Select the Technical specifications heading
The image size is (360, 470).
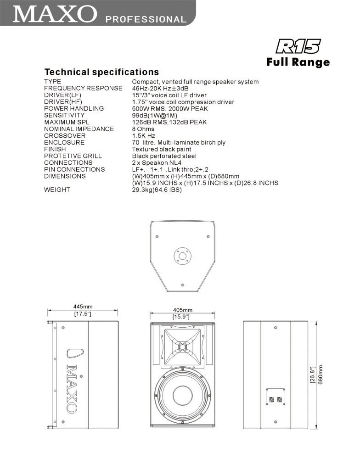click(101, 72)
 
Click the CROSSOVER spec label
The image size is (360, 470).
click(65, 136)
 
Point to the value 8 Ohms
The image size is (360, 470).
click(143, 129)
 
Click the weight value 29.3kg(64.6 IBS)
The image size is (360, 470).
click(157, 190)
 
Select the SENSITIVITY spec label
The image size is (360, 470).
click(64, 115)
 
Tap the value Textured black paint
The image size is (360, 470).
click(162, 149)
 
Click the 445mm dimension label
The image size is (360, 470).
click(83, 307)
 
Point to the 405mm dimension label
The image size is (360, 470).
click(183, 310)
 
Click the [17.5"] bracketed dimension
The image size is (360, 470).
click(83, 314)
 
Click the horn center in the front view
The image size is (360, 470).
click(182, 347)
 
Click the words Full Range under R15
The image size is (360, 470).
click(298, 62)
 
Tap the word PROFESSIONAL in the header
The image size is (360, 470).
click(146, 19)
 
